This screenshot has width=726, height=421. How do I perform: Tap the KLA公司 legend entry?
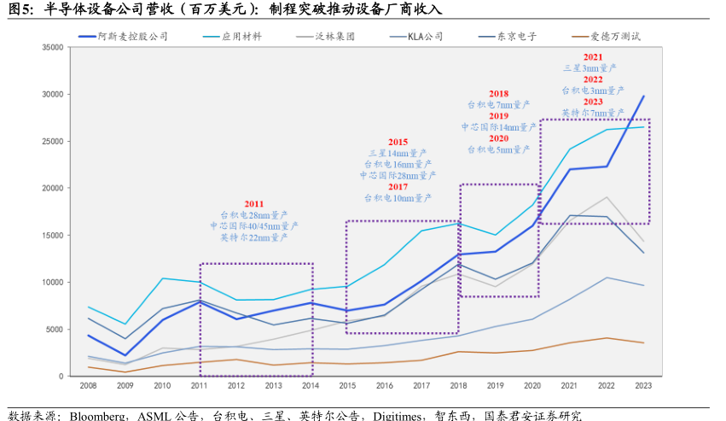point(425,38)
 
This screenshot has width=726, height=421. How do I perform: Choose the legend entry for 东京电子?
point(518,38)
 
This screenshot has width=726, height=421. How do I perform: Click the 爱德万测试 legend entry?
point(615,38)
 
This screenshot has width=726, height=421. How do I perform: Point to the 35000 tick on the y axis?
point(53,48)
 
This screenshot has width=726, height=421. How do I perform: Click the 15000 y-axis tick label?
point(53,236)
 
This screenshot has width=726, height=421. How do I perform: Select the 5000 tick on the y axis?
point(55,330)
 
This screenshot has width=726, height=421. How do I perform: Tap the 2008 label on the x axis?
point(88,386)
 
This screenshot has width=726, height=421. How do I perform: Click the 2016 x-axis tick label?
point(385,386)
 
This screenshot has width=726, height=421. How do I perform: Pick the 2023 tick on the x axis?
point(643,386)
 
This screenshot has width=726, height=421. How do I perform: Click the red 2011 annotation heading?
point(254,204)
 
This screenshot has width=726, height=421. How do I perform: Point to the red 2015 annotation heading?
point(398,142)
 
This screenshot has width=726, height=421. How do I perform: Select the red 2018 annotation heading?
point(499,94)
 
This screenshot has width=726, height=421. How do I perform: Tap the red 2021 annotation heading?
point(593,56)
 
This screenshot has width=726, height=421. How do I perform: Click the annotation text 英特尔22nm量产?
point(254,237)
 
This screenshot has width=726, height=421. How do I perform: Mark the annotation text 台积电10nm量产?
point(398,197)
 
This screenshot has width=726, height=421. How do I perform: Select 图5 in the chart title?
point(20,9)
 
